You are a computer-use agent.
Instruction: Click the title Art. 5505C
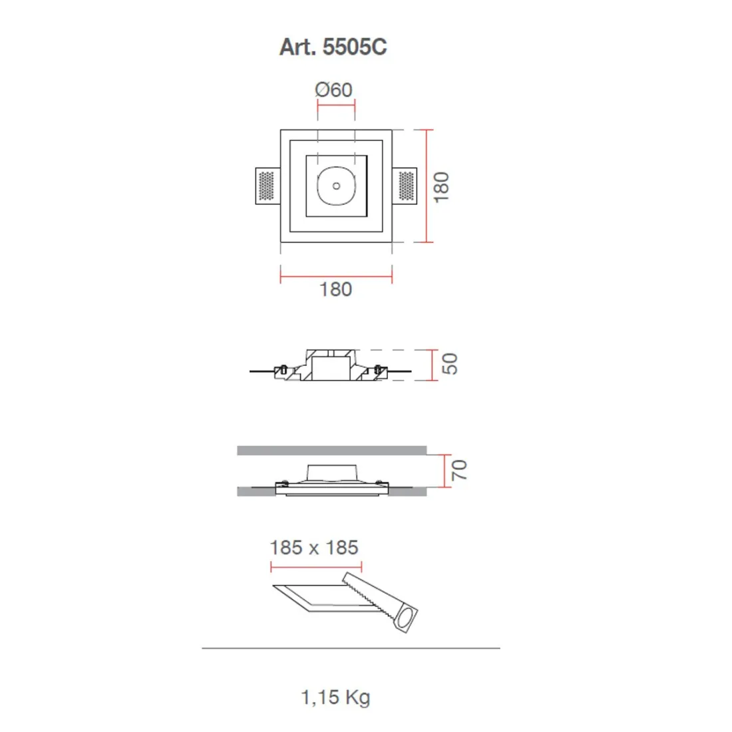(x=333, y=47)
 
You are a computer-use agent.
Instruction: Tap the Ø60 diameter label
(x=334, y=89)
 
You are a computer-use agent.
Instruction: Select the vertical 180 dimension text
(x=441, y=187)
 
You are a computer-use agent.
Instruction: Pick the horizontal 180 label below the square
(x=335, y=289)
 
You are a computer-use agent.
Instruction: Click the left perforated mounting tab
(x=266, y=186)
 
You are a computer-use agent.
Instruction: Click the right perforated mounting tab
(x=407, y=186)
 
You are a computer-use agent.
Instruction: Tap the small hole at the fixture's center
(x=337, y=186)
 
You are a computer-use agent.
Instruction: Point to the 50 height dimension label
(x=450, y=364)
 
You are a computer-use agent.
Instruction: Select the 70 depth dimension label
(x=459, y=470)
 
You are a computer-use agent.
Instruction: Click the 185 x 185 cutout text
(x=314, y=548)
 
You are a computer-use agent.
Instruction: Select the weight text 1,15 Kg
(x=335, y=697)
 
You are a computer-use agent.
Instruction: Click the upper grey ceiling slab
(x=331, y=451)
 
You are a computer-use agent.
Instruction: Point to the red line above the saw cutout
(x=316, y=567)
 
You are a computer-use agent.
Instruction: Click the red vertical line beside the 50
(x=433, y=365)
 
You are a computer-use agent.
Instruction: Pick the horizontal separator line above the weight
(x=351, y=647)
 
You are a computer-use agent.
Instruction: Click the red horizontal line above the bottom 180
(x=336, y=275)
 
